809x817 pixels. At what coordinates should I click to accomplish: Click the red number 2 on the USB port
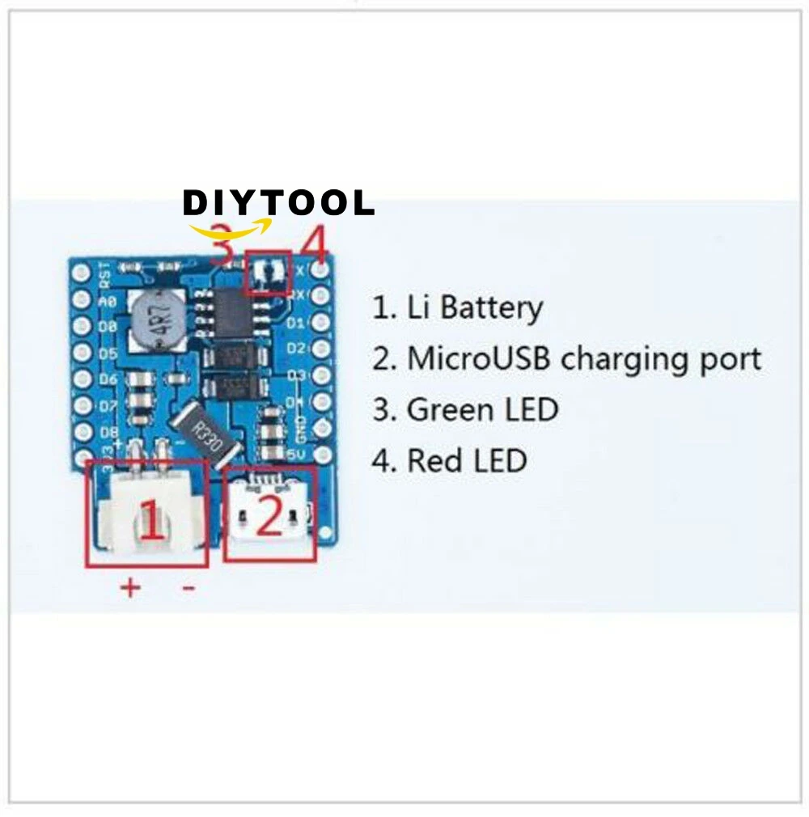point(269,516)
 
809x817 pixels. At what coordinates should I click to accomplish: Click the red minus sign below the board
point(188,589)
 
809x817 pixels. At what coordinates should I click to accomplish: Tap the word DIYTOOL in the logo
point(278,202)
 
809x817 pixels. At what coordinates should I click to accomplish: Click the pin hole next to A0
point(80,301)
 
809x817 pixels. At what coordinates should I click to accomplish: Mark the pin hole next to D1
point(322,324)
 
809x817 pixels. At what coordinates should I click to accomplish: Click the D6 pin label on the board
point(108,379)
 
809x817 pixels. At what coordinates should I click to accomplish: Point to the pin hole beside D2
point(322,349)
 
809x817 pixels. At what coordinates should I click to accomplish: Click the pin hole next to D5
point(80,353)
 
